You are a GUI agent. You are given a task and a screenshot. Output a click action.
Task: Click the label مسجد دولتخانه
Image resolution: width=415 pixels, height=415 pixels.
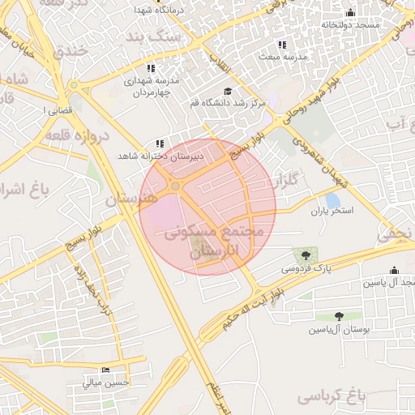pyautogui.click(x=350, y=25)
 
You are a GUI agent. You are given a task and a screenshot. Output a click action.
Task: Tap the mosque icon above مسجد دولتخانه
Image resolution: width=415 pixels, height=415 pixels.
pyautogui.click(x=350, y=12)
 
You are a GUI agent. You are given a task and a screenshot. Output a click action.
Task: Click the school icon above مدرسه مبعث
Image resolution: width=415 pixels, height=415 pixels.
pyautogui.click(x=282, y=45)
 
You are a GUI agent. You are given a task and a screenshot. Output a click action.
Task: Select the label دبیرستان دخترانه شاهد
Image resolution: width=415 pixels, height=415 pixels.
pyautogui.click(x=160, y=155)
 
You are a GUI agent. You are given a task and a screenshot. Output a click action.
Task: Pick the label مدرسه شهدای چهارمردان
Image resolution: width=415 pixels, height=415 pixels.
pyautogui.click(x=152, y=86)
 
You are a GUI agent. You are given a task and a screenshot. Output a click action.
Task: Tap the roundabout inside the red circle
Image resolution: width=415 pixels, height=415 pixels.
pyautogui.click(x=176, y=187)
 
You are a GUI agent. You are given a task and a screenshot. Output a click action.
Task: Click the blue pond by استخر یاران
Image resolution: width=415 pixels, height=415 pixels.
pyautogui.click(x=332, y=200)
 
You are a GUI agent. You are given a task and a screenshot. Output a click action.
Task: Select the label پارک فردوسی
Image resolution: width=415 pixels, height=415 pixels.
pyautogui.click(x=307, y=267)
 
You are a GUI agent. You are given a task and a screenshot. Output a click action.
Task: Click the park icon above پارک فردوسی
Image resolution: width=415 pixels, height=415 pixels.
pyautogui.click(x=306, y=255)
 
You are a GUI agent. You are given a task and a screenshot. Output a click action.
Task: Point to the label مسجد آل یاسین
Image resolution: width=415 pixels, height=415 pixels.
pyautogui.click(x=390, y=282)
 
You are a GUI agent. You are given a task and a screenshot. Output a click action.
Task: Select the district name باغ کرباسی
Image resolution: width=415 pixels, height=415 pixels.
pyautogui.click(x=332, y=396)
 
